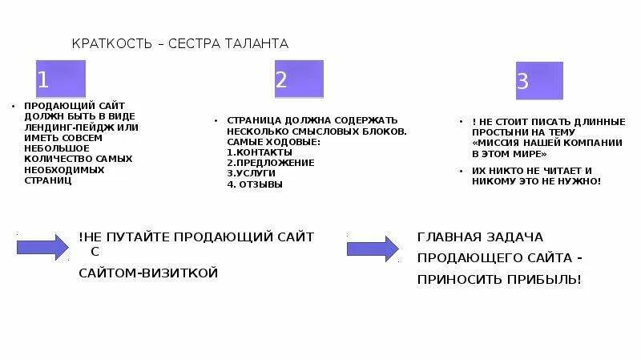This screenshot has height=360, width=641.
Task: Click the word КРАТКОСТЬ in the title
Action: pos(112,43)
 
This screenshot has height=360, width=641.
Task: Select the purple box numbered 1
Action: pos(60,79)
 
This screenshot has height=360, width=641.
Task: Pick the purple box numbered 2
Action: pos(299,79)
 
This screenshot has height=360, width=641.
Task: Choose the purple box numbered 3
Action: pos(538,80)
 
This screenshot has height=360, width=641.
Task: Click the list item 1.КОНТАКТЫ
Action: pos(255,152)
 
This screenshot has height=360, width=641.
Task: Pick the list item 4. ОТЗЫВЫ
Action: pos(254,184)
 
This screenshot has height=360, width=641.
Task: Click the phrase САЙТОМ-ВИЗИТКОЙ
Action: pos(148,273)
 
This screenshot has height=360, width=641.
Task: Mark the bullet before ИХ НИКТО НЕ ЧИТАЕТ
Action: pos(462,171)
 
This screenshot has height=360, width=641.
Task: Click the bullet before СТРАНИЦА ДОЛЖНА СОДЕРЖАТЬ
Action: pos(216,120)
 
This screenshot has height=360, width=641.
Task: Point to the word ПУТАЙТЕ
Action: pos(146,237)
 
